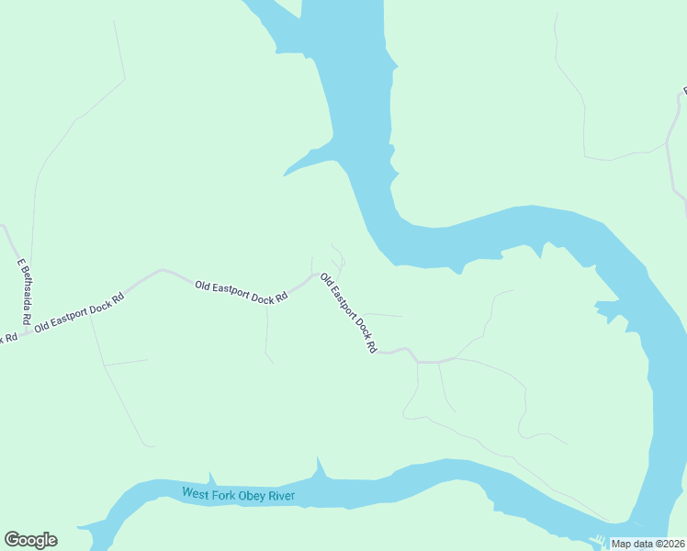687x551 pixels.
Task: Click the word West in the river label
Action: coord(195,493)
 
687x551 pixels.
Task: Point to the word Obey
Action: coord(252,496)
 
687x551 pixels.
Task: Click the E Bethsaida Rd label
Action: coord(25,293)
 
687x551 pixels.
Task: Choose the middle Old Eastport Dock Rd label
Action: coord(241,292)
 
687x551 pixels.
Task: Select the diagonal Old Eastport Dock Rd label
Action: coord(347,313)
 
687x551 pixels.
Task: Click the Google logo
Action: coord(30,540)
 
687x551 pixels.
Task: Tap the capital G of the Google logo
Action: coord(12,540)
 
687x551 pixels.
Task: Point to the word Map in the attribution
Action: coord(622,544)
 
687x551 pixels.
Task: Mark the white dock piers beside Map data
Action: coord(599,540)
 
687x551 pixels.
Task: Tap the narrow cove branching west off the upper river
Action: coord(309,161)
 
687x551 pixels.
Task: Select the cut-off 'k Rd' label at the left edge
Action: coord(8,337)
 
